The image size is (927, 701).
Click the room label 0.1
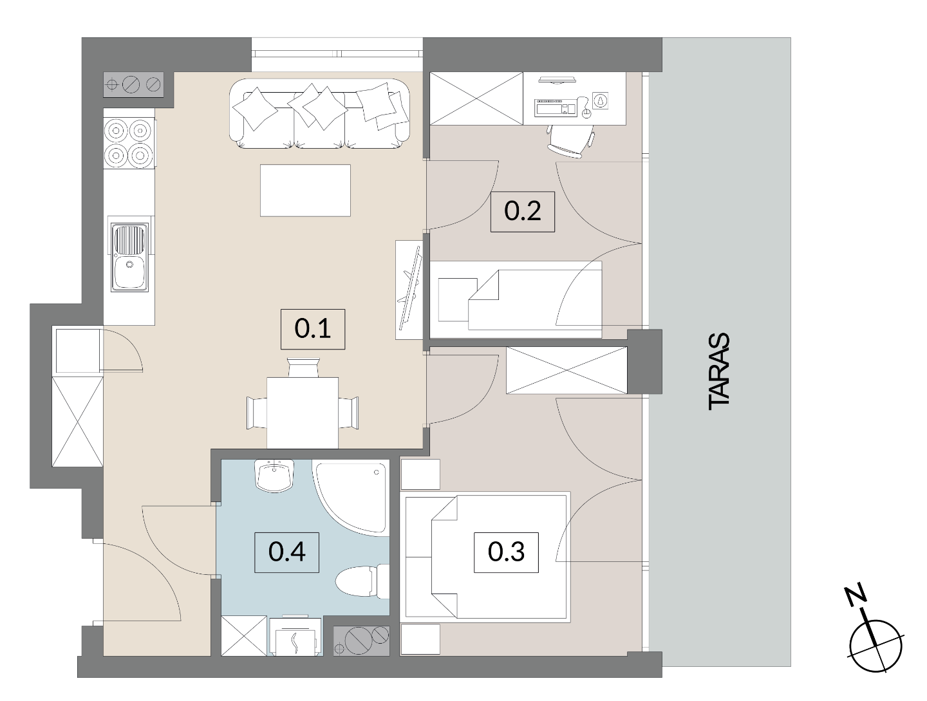click(312, 329)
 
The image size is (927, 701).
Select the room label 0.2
click(523, 212)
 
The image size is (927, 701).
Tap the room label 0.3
click(506, 552)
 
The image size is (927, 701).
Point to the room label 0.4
click(286, 552)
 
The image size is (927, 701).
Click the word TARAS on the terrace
click(719, 371)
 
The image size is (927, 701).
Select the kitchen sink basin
click(129, 257)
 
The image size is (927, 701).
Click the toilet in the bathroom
click(362, 581)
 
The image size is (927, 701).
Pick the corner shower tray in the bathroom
click(351, 498)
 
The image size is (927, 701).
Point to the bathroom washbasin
click(274, 476)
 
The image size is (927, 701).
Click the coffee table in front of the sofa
click(305, 191)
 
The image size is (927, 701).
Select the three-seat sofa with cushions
click(319, 113)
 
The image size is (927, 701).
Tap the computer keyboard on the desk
click(556, 107)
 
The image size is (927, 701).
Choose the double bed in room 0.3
click(485, 556)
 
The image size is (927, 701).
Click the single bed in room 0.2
click(516, 299)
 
